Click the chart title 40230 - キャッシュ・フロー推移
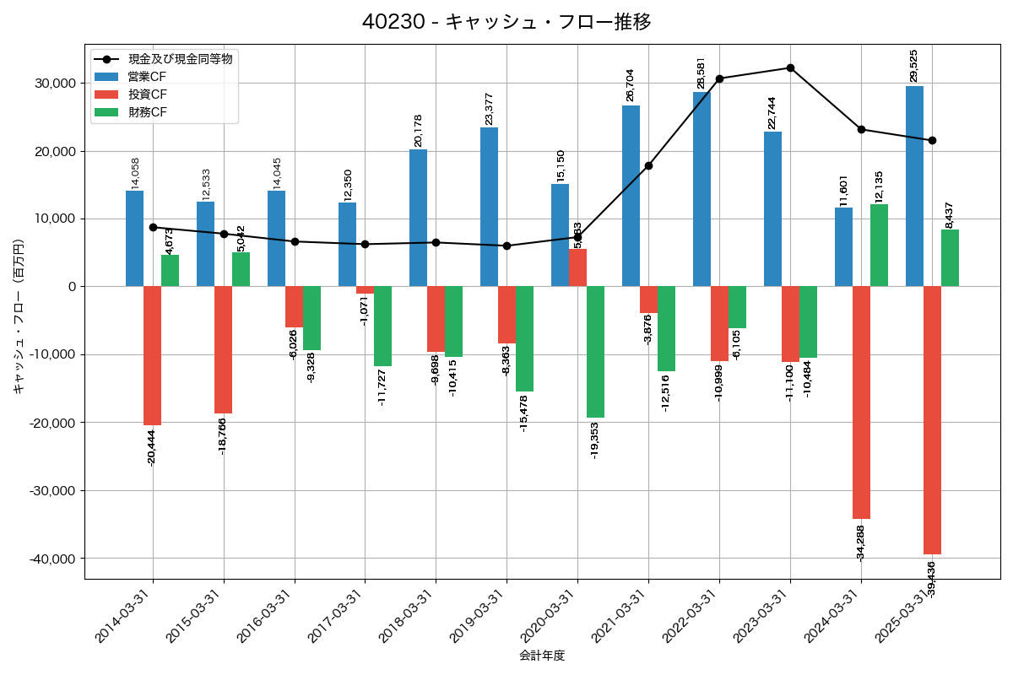pyautogui.click(x=506, y=21)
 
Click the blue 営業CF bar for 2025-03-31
pyautogui.click(x=914, y=186)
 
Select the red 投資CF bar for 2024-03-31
pyautogui.click(x=861, y=402)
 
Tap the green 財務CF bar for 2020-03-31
pyautogui.click(x=595, y=352)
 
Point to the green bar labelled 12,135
pyautogui.click(x=879, y=245)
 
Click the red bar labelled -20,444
pyautogui.click(x=152, y=355)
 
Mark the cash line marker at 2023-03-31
pyautogui.click(x=790, y=67)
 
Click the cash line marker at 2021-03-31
pyautogui.click(x=648, y=165)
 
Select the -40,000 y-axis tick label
pyautogui.click(x=52, y=559)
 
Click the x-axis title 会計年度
pyautogui.click(x=542, y=656)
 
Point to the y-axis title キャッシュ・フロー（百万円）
pyautogui.click(x=19, y=316)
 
